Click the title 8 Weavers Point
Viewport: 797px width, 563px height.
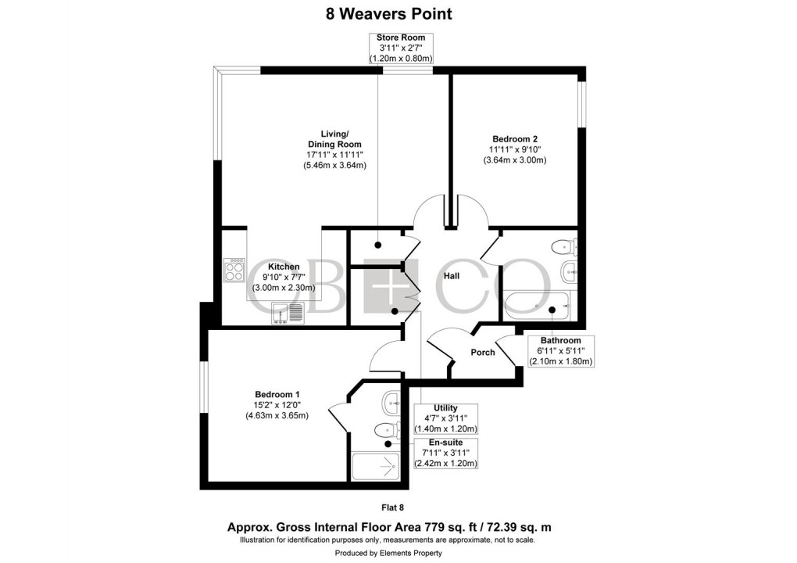pos(388,13)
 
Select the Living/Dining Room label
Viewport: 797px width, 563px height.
pos(336,149)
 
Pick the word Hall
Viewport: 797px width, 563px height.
pos(452,276)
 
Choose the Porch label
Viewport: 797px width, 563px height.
pos(483,353)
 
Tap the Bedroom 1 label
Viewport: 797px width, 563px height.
pos(277,404)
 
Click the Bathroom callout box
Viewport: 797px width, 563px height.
pos(561,351)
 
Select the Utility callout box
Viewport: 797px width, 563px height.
pos(445,418)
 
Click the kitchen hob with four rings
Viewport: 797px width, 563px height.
pos(234,271)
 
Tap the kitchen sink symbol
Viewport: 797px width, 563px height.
pos(288,314)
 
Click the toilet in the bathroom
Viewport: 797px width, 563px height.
pos(563,248)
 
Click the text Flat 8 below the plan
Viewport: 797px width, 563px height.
pos(398,507)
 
